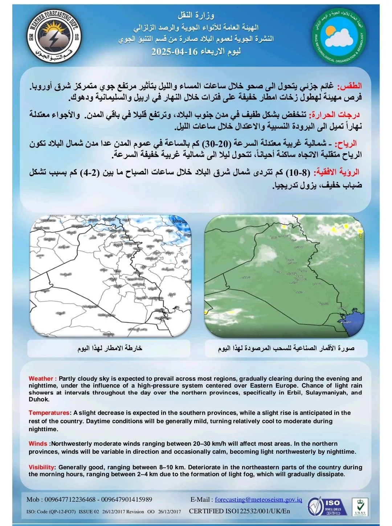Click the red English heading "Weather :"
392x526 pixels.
click(42, 379)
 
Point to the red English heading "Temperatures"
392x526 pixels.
click(49, 413)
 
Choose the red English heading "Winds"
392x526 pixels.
click(38, 444)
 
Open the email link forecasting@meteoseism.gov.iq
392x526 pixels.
click(258, 499)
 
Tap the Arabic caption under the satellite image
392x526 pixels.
click(286, 348)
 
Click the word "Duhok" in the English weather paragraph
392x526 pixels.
click(39, 399)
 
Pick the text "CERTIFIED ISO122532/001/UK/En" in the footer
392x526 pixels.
click(240, 511)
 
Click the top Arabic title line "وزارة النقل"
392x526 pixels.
click(196, 15)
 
